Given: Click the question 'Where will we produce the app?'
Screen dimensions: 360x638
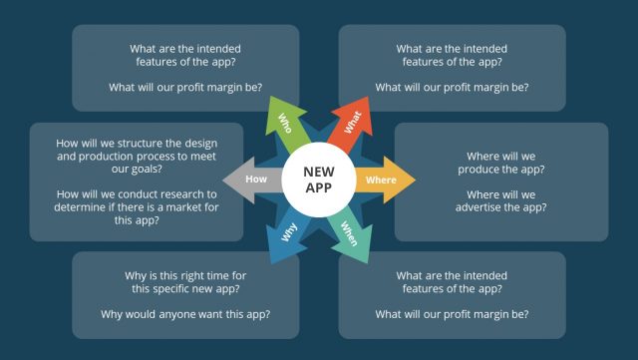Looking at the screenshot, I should click(x=501, y=164).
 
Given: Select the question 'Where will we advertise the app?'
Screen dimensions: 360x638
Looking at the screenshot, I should click(x=501, y=200).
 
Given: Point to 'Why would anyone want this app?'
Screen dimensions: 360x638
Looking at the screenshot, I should click(x=186, y=314).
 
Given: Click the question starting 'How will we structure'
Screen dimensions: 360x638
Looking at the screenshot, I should click(x=137, y=157).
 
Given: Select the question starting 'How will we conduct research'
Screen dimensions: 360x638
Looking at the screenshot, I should click(x=137, y=208).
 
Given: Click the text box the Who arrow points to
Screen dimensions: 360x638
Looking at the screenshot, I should click(x=186, y=68).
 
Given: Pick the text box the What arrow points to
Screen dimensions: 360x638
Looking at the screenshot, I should click(x=452, y=68).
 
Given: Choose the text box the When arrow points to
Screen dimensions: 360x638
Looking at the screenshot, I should click(x=452, y=295).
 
